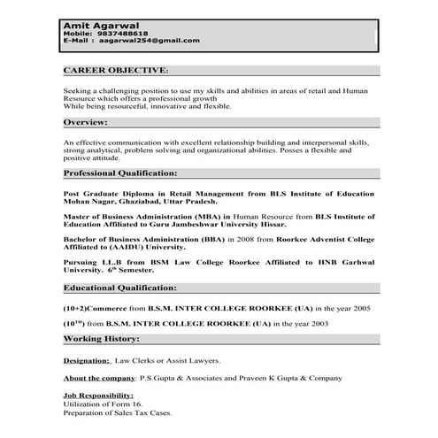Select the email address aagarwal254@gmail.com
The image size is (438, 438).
[149, 41]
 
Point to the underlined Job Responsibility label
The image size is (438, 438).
[98, 395]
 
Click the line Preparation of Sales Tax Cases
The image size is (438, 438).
[117, 412]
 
